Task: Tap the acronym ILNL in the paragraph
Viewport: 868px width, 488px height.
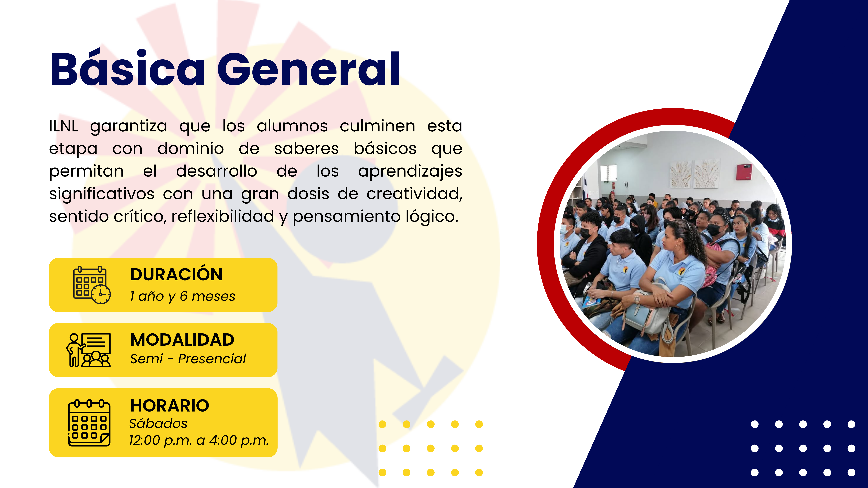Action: (64, 126)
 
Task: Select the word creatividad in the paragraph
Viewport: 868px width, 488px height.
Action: (414, 194)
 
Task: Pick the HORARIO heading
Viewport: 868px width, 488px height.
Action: (170, 405)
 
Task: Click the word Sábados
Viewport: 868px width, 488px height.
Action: (158, 423)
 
